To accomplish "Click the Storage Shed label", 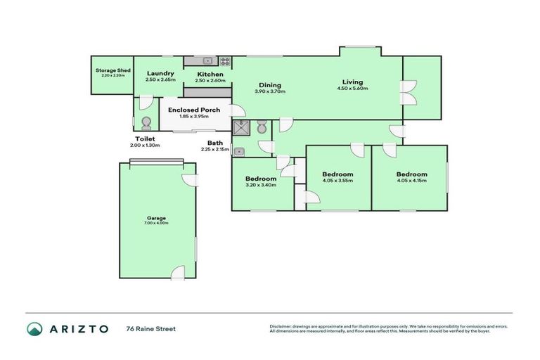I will [112, 70].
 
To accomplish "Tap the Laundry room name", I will [160, 73].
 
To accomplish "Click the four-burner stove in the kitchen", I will [225, 60].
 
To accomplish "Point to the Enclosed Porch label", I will [193, 110].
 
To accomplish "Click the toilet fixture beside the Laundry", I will [146, 124].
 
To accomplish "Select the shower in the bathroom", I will [243, 127].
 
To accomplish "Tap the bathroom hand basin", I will [239, 151].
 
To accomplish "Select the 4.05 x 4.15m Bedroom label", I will [411, 174].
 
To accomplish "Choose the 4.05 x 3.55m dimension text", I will [337, 181].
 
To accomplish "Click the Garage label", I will [157, 218].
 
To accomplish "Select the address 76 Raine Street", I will [150, 328].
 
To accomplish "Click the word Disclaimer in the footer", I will [281, 326].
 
